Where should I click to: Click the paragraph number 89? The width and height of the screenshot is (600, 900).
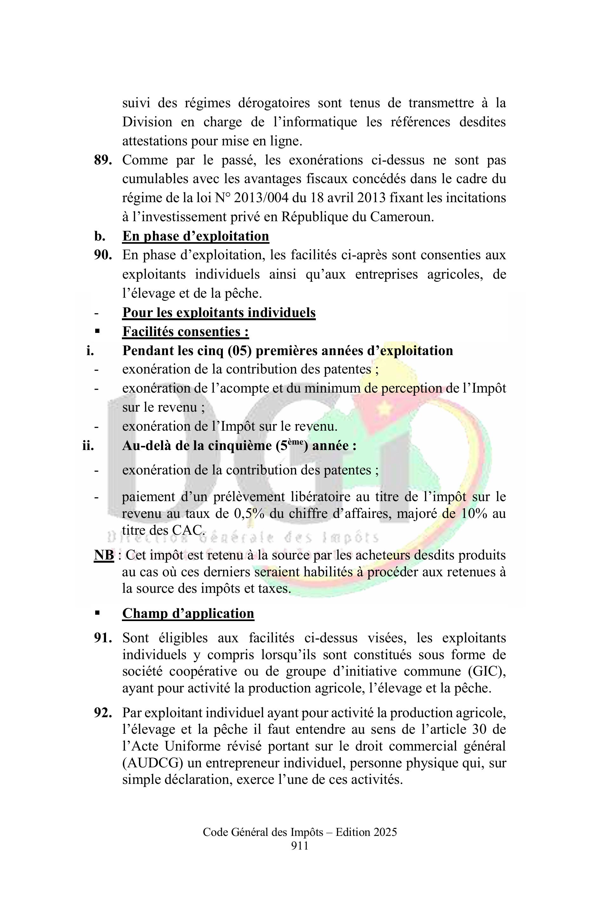(103, 160)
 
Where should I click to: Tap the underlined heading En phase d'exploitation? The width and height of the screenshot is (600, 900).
(196, 236)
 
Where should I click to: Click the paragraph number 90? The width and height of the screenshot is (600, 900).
(103, 255)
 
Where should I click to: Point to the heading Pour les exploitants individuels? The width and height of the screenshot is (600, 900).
(219, 313)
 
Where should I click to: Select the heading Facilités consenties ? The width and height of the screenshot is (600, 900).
(186, 332)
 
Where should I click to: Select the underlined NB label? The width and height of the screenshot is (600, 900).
(104, 555)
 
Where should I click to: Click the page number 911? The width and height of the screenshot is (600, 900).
(300, 846)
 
